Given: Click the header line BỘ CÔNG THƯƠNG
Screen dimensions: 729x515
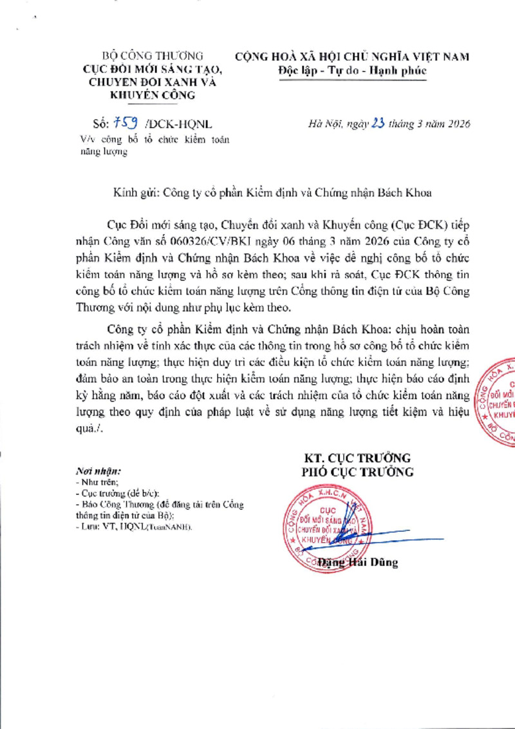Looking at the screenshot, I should pos(153,56).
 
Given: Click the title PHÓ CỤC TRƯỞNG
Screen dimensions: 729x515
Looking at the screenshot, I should pos(358,472).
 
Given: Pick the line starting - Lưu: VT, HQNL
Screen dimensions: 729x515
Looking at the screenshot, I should pos(133,527).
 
